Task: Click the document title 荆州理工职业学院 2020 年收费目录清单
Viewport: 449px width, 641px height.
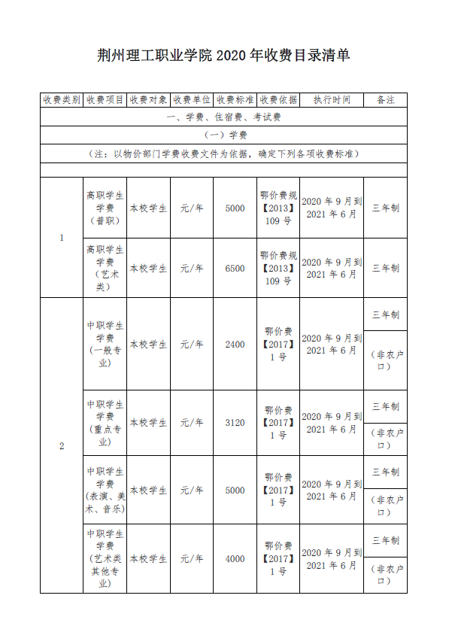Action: click(x=224, y=56)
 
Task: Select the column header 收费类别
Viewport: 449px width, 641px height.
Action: click(x=61, y=99)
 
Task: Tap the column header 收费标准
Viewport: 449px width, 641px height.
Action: click(x=235, y=99)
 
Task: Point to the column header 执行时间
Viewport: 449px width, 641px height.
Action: click(x=332, y=99)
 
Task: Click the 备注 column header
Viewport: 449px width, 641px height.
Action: click(x=385, y=99)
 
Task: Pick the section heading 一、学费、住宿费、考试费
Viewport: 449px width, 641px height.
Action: click(x=223, y=117)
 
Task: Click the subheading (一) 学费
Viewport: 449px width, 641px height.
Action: click(x=223, y=135)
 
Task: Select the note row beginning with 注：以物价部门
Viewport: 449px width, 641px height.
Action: click(x=223, y=153)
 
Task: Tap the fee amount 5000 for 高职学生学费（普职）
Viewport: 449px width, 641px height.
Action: click(x=235, y=208)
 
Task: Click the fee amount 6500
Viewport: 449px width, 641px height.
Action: click(x=235, y=268)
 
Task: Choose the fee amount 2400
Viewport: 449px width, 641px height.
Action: click(x=235, y=345)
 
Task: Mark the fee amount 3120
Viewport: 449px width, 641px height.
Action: click(x=235, y=423)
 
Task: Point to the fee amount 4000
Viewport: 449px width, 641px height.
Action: click(x=235, y=559)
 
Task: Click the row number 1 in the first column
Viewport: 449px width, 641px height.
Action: click(x=61, y=238)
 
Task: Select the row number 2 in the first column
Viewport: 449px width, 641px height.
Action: click(x=61, y=446)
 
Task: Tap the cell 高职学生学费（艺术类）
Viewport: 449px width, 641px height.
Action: click(x=105, y=268)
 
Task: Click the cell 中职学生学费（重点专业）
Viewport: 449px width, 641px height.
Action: click(x=105, y=423)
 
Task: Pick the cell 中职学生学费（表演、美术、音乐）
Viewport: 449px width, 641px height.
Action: click(x=105, y=491)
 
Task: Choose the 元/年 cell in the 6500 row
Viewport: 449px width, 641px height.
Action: click(x=192, y=268)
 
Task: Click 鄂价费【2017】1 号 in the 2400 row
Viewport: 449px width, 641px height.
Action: click(x=278, y=345)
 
